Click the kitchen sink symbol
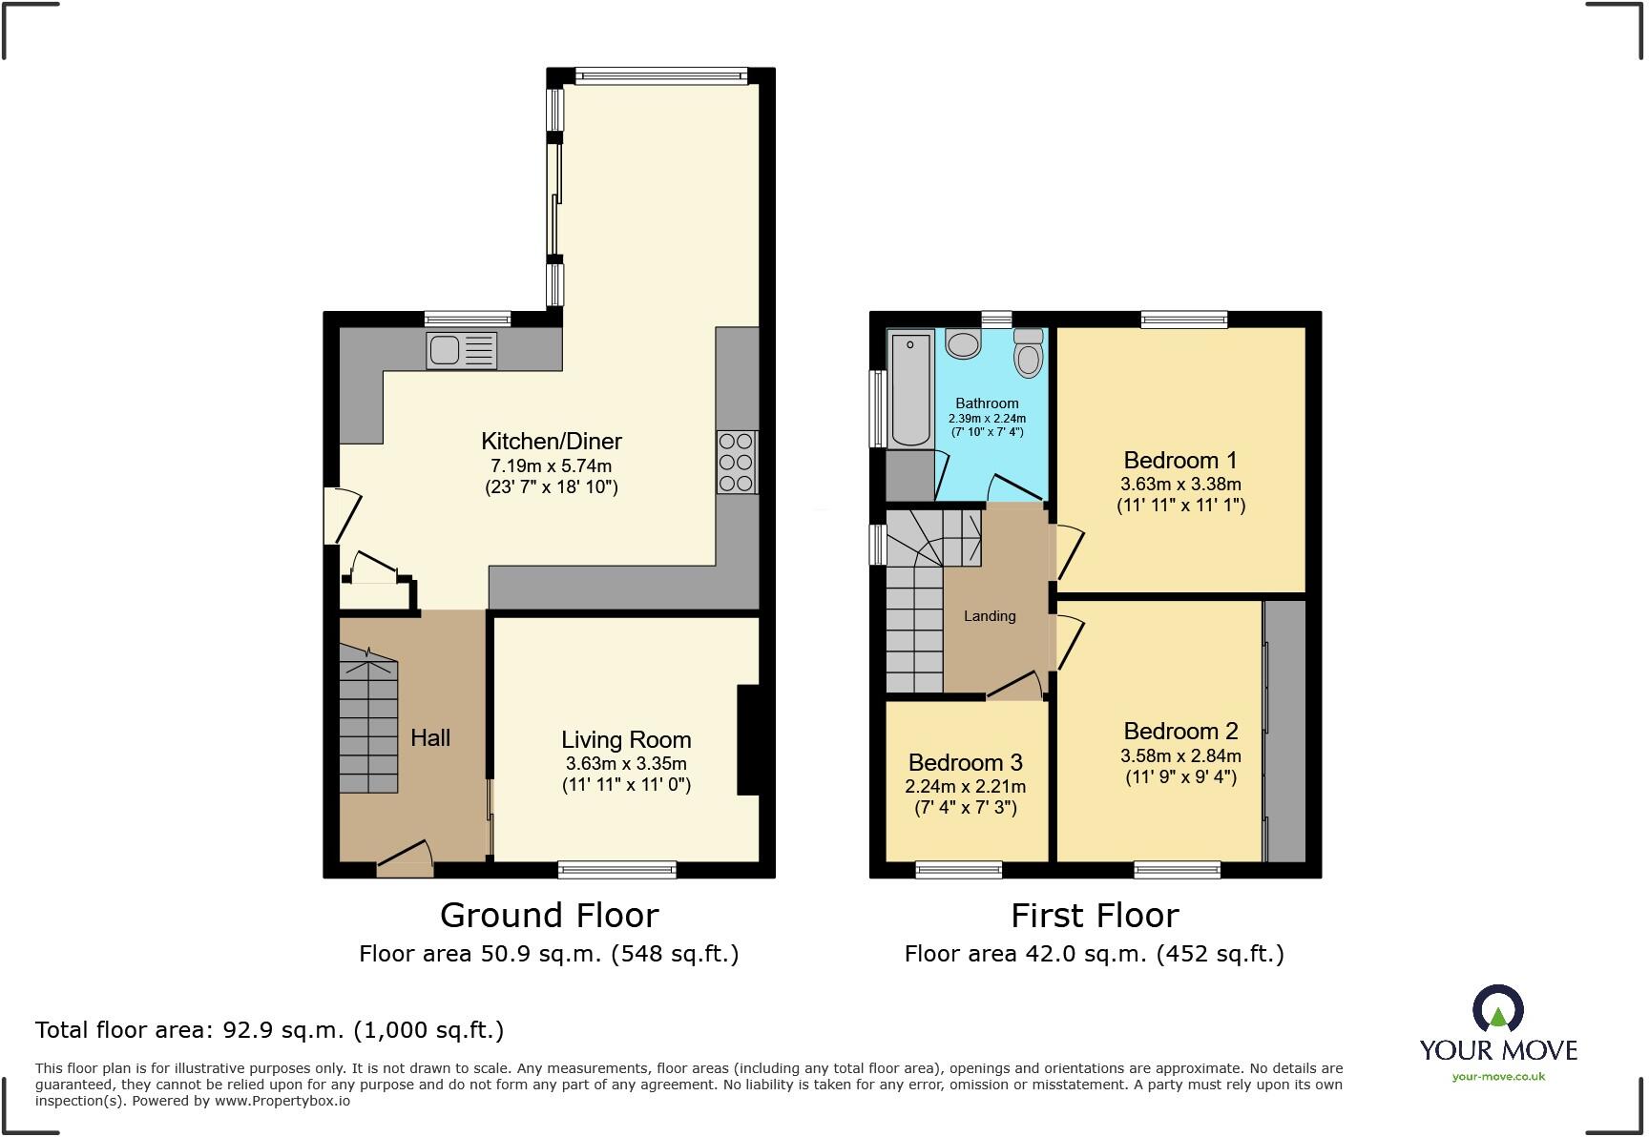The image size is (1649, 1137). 462,350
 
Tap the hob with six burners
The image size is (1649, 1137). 737,463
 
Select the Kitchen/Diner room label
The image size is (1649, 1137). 551,441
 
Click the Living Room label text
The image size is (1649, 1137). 625,739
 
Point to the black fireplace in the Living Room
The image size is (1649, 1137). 748,740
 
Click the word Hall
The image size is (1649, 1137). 429,737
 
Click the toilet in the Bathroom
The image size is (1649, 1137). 1028,354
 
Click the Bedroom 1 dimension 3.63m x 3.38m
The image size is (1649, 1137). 1180,484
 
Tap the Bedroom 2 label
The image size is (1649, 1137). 1180,732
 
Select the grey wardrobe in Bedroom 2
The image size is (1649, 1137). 1285,732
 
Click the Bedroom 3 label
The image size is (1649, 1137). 965,762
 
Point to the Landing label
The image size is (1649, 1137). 989,616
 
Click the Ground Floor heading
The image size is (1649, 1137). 549,916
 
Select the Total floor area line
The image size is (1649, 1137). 269,1030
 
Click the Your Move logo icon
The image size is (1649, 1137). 1497,1009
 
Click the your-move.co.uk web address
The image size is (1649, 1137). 1498,1077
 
